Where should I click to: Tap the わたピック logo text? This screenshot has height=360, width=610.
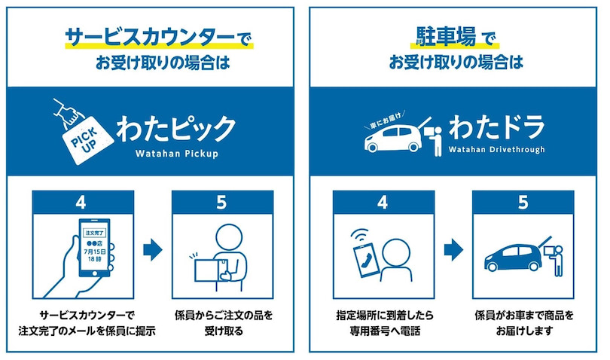175,129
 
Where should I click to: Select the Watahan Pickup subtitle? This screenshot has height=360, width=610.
177,154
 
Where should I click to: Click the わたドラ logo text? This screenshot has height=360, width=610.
496,127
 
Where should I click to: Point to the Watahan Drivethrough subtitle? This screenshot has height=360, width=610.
496,150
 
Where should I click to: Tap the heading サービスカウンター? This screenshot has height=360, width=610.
150,38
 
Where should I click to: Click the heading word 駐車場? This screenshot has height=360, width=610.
446,36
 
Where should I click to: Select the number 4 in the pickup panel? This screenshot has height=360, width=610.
81,203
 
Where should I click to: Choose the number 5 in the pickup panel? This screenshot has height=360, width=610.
221,203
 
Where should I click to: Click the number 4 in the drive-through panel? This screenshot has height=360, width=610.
383,203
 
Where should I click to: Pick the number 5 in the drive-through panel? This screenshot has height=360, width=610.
523,203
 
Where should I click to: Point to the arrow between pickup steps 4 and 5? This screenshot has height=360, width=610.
153,250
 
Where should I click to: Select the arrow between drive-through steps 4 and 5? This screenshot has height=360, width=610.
453,250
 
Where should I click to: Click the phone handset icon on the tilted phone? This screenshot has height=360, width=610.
367,260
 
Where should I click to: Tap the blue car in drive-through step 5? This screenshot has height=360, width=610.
513,258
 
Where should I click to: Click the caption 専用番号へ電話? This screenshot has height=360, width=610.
385,331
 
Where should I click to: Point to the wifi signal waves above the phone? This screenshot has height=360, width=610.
359,235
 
